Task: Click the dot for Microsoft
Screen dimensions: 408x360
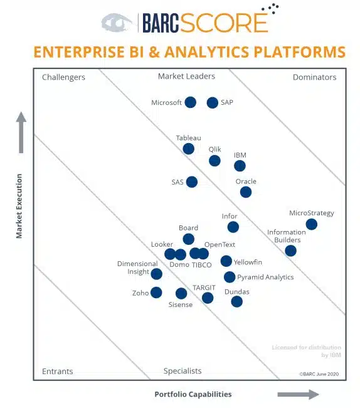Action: point(190,102)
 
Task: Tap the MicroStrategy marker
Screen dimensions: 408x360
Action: point(311,224)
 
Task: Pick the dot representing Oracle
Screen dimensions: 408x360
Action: point(246,192)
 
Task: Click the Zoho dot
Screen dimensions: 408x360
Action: point(156,293)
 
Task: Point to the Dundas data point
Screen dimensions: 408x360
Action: point(236,301)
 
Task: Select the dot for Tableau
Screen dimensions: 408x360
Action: point(188,149)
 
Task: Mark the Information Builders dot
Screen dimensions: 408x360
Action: point(290,250)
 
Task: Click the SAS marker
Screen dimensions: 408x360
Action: point(192,182)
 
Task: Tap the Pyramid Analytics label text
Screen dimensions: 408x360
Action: point(265,277)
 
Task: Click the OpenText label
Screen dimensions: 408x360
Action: point(220,244)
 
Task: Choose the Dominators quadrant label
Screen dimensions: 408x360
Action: point(314,77)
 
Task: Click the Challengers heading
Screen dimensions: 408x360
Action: point(63,77)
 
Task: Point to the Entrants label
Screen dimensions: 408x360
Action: point(57,371)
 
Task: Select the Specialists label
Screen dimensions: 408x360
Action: point(183,371)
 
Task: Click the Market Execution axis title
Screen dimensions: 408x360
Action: point(19,206)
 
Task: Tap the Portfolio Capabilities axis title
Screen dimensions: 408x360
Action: point(193,394)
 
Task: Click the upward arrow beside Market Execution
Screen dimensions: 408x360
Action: point(21,132)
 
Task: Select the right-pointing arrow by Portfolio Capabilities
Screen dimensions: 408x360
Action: point(298,394)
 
